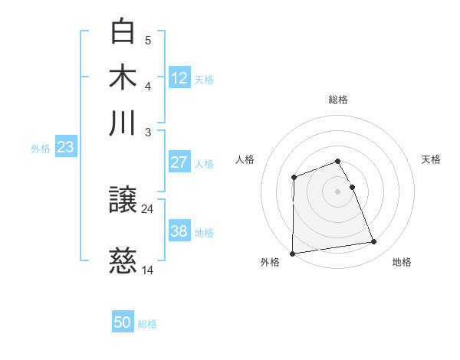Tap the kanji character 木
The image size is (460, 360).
123,78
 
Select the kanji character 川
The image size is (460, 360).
123,123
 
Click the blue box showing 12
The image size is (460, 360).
179,77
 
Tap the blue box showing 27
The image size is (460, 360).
179,162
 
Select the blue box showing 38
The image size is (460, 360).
179,231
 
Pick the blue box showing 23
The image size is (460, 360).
65,146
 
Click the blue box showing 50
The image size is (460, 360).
123,322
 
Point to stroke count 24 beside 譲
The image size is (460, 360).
148,208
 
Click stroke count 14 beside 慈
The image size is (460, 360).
148,270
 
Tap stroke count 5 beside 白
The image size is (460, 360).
148,40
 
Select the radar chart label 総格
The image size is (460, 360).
338,100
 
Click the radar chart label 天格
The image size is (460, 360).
431,159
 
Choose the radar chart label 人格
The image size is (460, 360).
245,159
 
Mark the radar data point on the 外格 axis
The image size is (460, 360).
292,254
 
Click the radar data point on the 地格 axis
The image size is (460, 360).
374,242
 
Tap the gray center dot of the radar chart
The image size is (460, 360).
338,191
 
